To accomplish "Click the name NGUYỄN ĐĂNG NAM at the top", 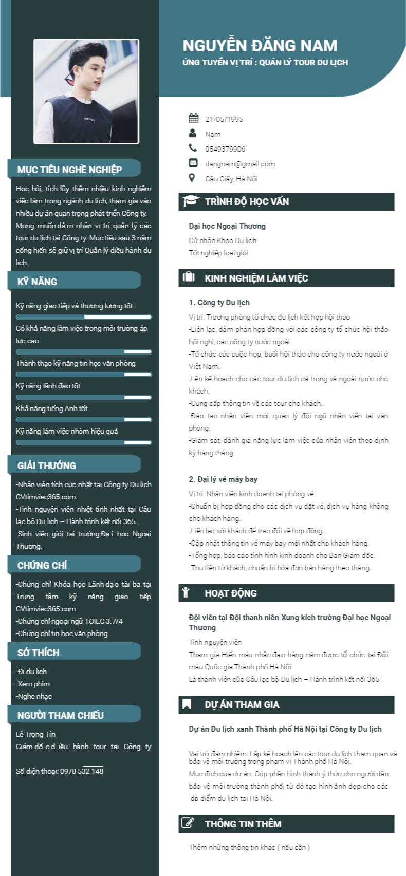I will click(260, 46).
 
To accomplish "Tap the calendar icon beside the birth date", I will click(193, 119).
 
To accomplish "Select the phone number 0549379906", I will click(225, 149).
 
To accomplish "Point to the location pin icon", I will click(192, 178).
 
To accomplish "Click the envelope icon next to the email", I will click(193, 163).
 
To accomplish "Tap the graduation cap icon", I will click(191, 201).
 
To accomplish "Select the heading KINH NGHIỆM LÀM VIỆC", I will click(256, 278).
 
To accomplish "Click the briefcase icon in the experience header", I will click(189, 277).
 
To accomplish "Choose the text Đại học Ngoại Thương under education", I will click(227, 226).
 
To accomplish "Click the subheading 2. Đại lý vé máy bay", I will click(223, 479).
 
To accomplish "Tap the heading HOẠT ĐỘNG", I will click(231, 593).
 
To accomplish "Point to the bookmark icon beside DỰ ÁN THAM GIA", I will click(187, 704).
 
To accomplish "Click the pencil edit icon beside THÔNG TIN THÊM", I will click(188, 823).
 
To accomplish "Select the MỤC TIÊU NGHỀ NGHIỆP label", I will click(69, 170).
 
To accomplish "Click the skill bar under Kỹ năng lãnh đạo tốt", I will click(84, 397).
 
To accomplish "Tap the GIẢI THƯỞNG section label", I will click(47, 465).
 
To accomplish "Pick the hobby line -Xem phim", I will click(33, 684).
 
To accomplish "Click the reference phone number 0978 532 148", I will click(82, 771).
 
